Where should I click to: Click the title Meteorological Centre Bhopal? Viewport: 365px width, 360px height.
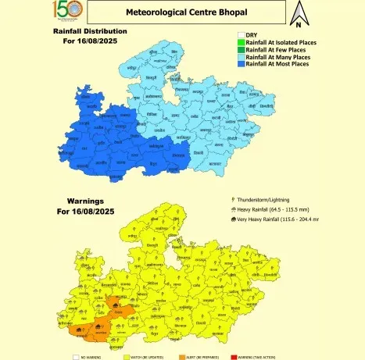pyautogui.click(x=185, y=13)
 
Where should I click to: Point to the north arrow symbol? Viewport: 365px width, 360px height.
pyautogui.click(x=298, y=14)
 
